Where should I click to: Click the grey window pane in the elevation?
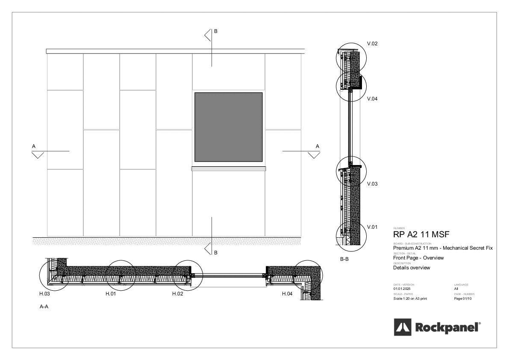click(x=228, y=127)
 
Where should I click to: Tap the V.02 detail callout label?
click(x=372, y=44)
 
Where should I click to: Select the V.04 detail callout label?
click(x=372, y=99)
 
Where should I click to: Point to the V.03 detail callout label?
click(x=372, y=184)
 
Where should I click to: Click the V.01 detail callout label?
click(x=372, y=227)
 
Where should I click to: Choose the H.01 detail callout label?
click(x=111, y=294)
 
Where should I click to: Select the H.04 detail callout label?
click(x=288, y=294)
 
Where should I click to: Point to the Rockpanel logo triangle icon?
click(x=402, y=328)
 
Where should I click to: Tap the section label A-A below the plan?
click(x=44, y=307)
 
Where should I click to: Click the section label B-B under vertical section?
click(x=344, y=259)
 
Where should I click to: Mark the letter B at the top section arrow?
click(x=216, y=31)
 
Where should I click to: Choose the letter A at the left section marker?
click(x=34, y=146)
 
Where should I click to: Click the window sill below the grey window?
click(x=228, y=168)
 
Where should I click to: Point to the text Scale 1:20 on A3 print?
click(x=410, y=298)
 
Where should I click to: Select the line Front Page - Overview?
click(x=418, y=258)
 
